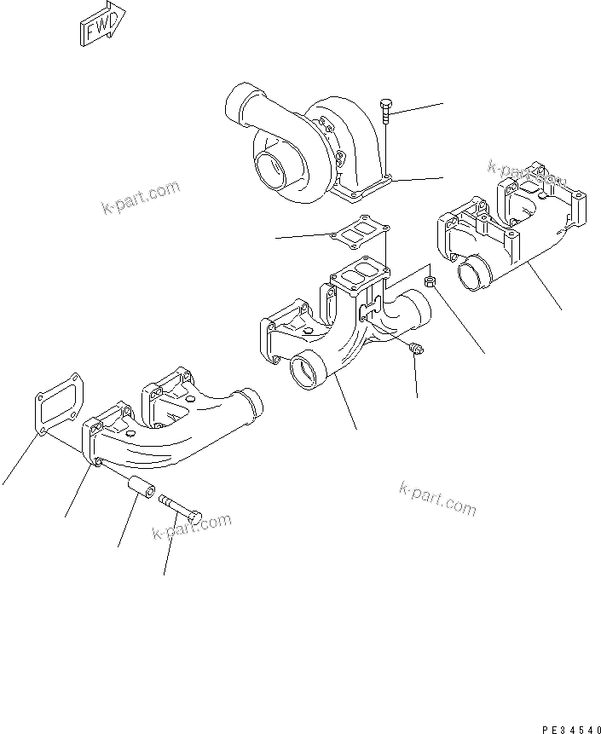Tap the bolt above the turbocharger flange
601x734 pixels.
[x=385, y=109]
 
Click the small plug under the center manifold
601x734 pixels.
[x=415, y=350]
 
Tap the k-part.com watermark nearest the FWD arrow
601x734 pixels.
[x=141, y=198]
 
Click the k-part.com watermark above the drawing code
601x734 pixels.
[x=437, y=498]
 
